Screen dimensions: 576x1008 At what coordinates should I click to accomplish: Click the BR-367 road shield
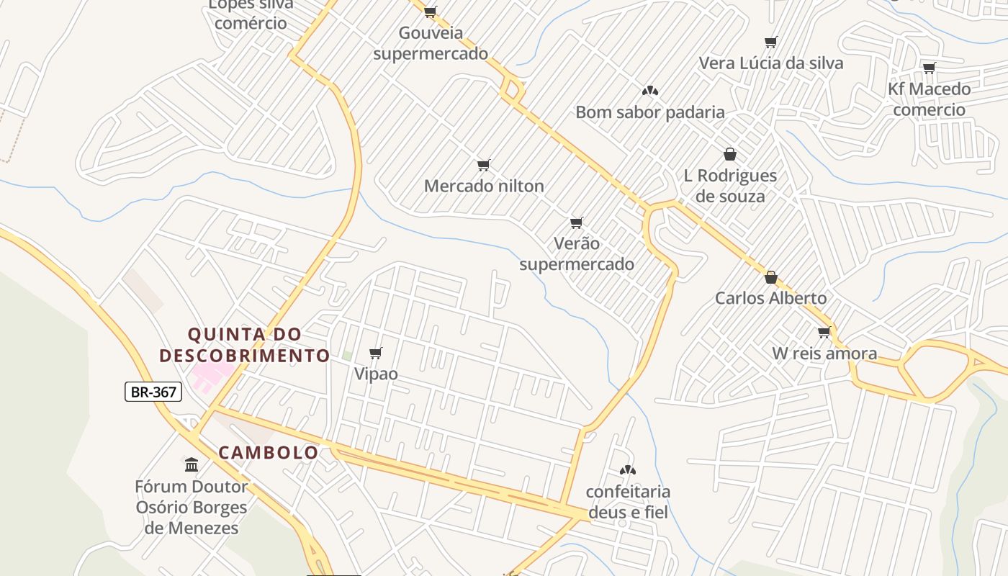click(153, 392)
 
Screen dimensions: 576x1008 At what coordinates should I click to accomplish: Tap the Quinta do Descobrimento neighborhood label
click(245, 345)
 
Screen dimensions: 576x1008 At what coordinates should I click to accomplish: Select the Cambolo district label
click(269, 452)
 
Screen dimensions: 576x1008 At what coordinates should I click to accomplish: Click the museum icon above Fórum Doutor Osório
click(192, 464)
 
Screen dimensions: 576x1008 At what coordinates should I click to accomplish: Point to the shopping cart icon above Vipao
click(375, 353)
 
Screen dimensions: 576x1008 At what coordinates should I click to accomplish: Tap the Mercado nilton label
click(484, 186)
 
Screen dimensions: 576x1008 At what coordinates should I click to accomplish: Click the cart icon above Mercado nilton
click(484, 165)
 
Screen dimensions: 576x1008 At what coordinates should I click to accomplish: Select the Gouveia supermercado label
click(431, 43)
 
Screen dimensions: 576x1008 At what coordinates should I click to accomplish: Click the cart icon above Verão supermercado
click(576, 222)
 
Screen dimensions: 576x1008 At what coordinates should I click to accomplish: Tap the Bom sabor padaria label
click(650, 112)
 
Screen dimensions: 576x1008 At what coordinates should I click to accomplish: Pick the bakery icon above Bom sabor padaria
click(650, 91)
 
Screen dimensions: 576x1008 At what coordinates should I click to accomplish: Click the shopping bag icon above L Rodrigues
click(730, 154)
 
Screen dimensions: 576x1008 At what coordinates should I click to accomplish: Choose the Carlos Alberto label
click(770, 298)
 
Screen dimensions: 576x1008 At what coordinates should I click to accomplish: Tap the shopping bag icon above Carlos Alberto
click(771, 277)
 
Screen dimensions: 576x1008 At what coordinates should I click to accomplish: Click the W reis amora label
click(824, 354)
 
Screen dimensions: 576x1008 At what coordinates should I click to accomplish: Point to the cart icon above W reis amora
click(824, 332)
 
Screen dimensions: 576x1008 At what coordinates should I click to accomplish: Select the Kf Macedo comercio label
click(929, 99)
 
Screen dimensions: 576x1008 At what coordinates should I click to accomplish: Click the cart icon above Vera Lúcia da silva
click(771, 42)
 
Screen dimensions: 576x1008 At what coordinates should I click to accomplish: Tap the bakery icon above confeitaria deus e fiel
click(628, 470)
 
